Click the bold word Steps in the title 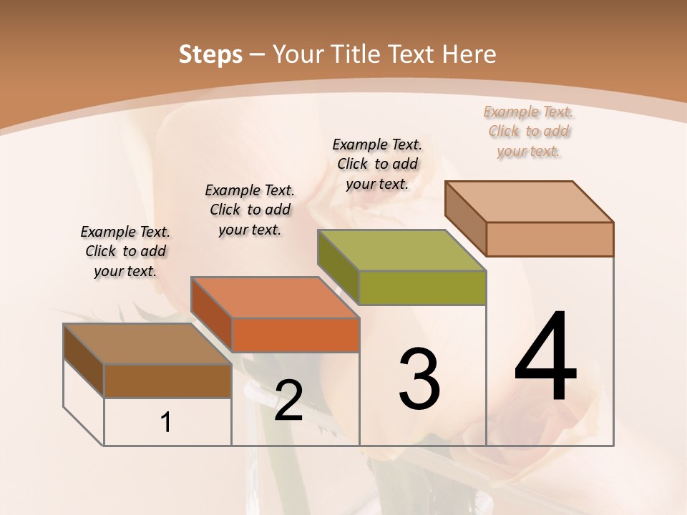tap(210, 54)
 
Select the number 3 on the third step tap(419, 379)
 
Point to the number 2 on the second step tap(288, 401)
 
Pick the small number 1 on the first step tap(166, 423)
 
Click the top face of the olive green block tap(401, 250)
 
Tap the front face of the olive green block tap(422, 288)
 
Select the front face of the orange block tap(296, 335)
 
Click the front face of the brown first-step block tap(167, 381)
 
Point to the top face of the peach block tap(529, 201)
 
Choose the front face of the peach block tap(550, 239)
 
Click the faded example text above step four tap(529, 132)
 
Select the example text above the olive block tap(377, 164)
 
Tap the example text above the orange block tap(250, 210)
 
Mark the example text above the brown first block tap(125, 251)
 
